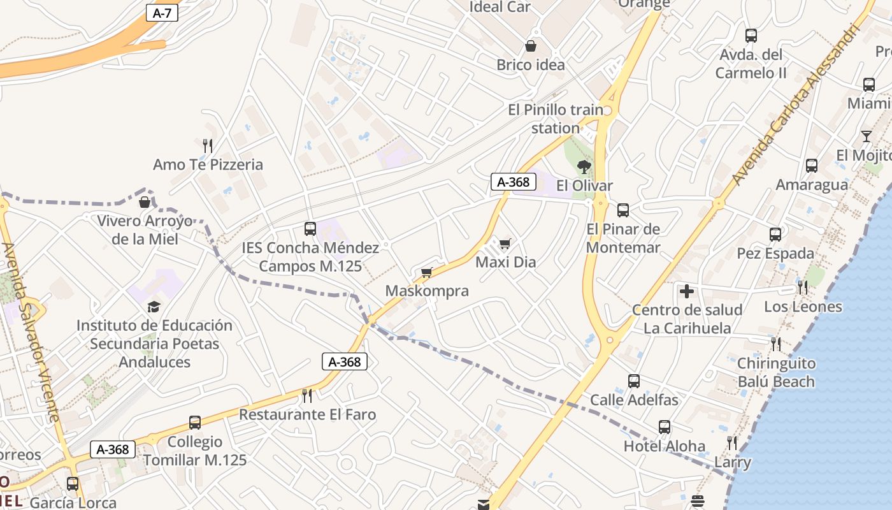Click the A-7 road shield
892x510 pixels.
pyautogui.click(x=162, y=13)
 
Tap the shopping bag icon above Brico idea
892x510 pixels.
pyautogui.click(x=530, y=46)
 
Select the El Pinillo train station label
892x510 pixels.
pyautogui.click(x=556, y=119)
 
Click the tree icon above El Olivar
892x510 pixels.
pyautogui.click(x=584, y=167)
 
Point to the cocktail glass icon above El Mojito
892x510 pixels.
pyautogui.click(x=867, y=136)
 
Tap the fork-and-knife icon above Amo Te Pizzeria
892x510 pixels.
pyautogui.click(x=207, y=145)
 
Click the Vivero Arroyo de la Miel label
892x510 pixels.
pyautogui.click(x=145, y=230)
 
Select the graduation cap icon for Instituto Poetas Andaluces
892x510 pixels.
pyautogui.click(x=154, y=307)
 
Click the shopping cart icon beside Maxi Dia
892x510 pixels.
pyautogui.click(x=505, y=244)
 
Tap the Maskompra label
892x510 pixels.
pyautogui.click(x=427, y=291)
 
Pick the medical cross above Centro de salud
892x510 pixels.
pyautogui.click(x=687, y=291)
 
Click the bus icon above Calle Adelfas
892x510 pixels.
pyautogui.click(x=634, y=381)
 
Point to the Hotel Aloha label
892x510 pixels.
pyautogui.click(x=665, y=446)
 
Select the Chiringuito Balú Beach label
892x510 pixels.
pyautogui.click(x=776, y=372)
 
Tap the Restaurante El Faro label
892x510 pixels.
pyautogui.click(x=307, y=414)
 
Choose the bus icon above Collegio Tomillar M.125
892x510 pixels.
pyautogui.click(x=195, y=423)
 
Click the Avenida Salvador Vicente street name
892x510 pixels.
pyautogui.click(x=31, y=331)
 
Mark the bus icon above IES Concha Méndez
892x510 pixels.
pyautogui.click(x=310, y=228)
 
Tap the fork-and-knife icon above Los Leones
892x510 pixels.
pyautogui.click(x=803, y=288)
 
